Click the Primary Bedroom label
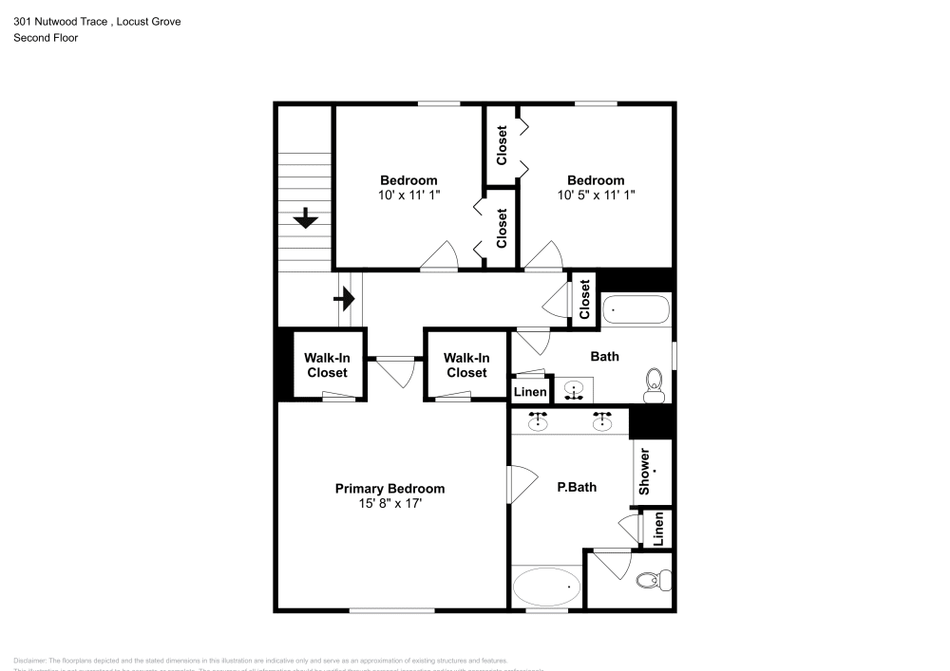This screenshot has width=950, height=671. [389, 489]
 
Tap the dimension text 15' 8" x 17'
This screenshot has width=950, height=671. [389, 504]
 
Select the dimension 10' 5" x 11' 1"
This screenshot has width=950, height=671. [596, 195]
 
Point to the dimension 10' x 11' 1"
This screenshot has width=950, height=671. [408, 195]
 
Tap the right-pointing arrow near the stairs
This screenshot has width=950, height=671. [344, 300]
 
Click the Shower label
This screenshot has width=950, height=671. [645, 472]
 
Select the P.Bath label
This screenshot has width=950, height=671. [577, 488]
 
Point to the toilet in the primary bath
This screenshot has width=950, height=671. [655, 579]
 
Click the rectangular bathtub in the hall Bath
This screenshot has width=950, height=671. [637, 310]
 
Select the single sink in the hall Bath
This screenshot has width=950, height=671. [574, 389]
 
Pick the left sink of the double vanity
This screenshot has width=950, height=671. [539, 421]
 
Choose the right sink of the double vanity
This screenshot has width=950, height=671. [601, 421]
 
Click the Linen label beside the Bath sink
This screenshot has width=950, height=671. [530, 392]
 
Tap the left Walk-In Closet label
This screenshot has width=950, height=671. [326, 365]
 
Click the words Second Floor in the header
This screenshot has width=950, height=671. [46, 38]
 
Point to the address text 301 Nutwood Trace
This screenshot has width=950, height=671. [58, 21]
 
